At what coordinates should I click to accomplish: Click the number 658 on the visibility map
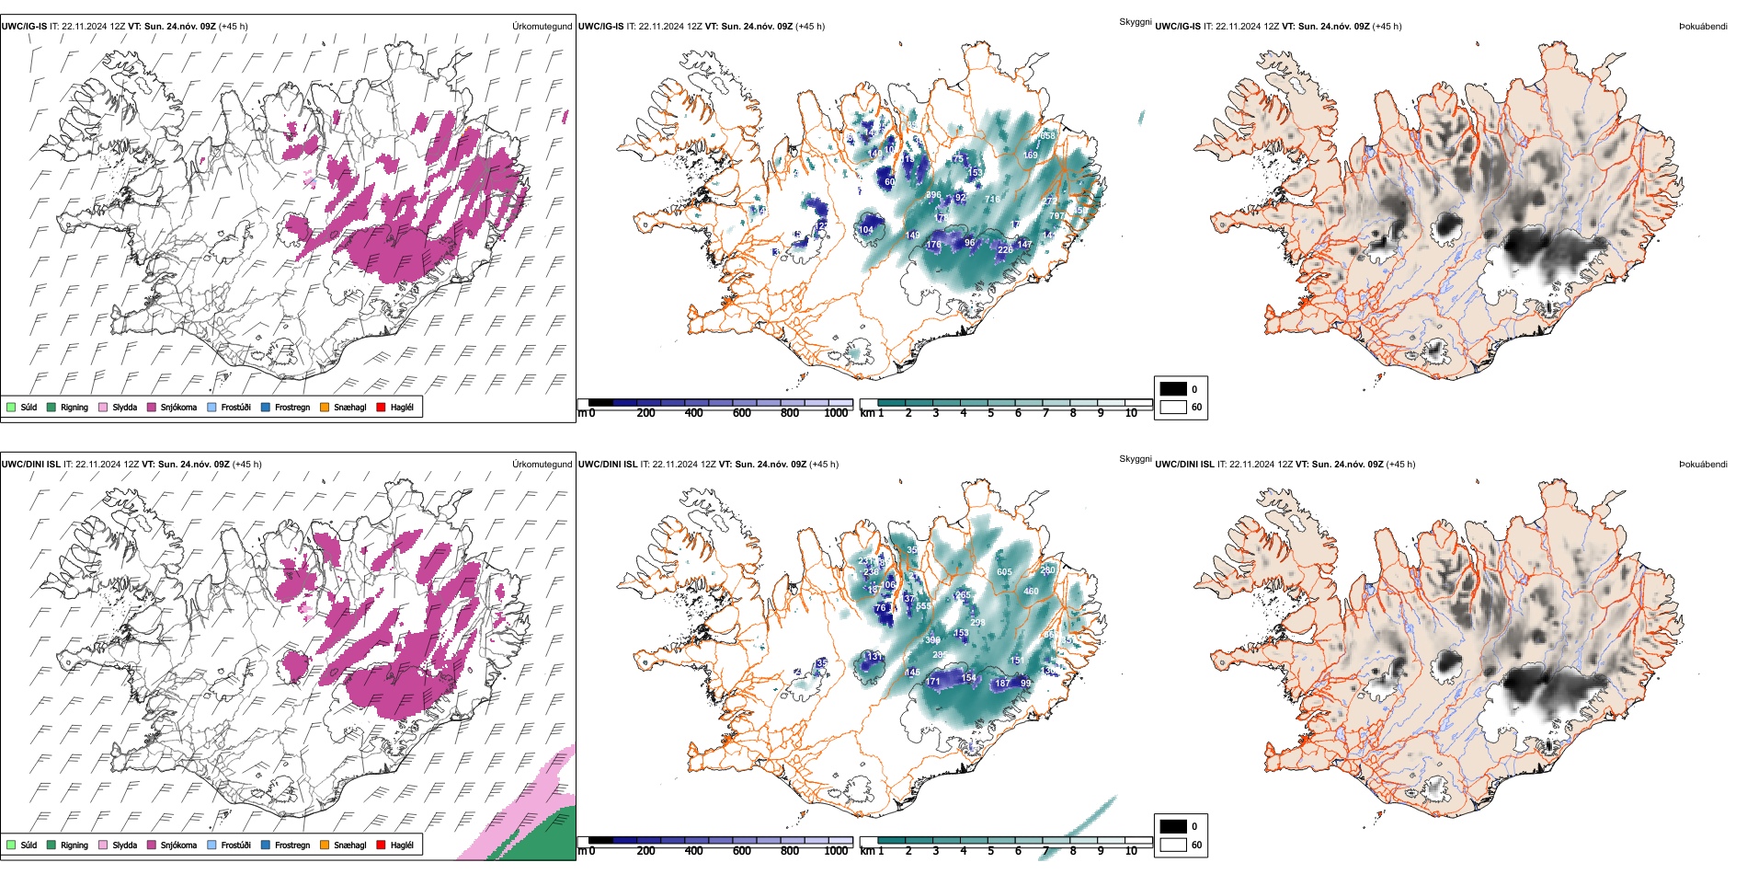point(1047,135)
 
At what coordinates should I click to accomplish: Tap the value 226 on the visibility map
point(1005,249)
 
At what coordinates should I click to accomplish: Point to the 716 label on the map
point(992,200)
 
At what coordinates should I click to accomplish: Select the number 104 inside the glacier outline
point(866,230)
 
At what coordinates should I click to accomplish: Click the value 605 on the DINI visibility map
point(1004,572)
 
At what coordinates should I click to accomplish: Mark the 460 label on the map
point(1031,592)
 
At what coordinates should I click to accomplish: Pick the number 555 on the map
point(923,606)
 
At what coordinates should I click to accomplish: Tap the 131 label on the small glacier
point(873,657)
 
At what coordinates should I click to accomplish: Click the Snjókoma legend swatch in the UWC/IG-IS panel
point(152,407)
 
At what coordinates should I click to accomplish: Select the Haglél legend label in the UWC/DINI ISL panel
point(402,845)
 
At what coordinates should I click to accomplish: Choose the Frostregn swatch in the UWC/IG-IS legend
point(266,407)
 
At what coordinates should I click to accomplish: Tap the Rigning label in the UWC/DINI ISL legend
point(74,845)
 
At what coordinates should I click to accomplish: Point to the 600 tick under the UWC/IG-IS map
point(741,413)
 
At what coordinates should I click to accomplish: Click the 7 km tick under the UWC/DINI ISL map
point(1045,851)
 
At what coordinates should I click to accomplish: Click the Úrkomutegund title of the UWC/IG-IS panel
point(542,26)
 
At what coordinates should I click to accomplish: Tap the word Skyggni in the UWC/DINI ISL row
point(1135,458)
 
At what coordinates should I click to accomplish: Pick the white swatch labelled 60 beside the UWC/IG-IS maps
point(1173,407)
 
